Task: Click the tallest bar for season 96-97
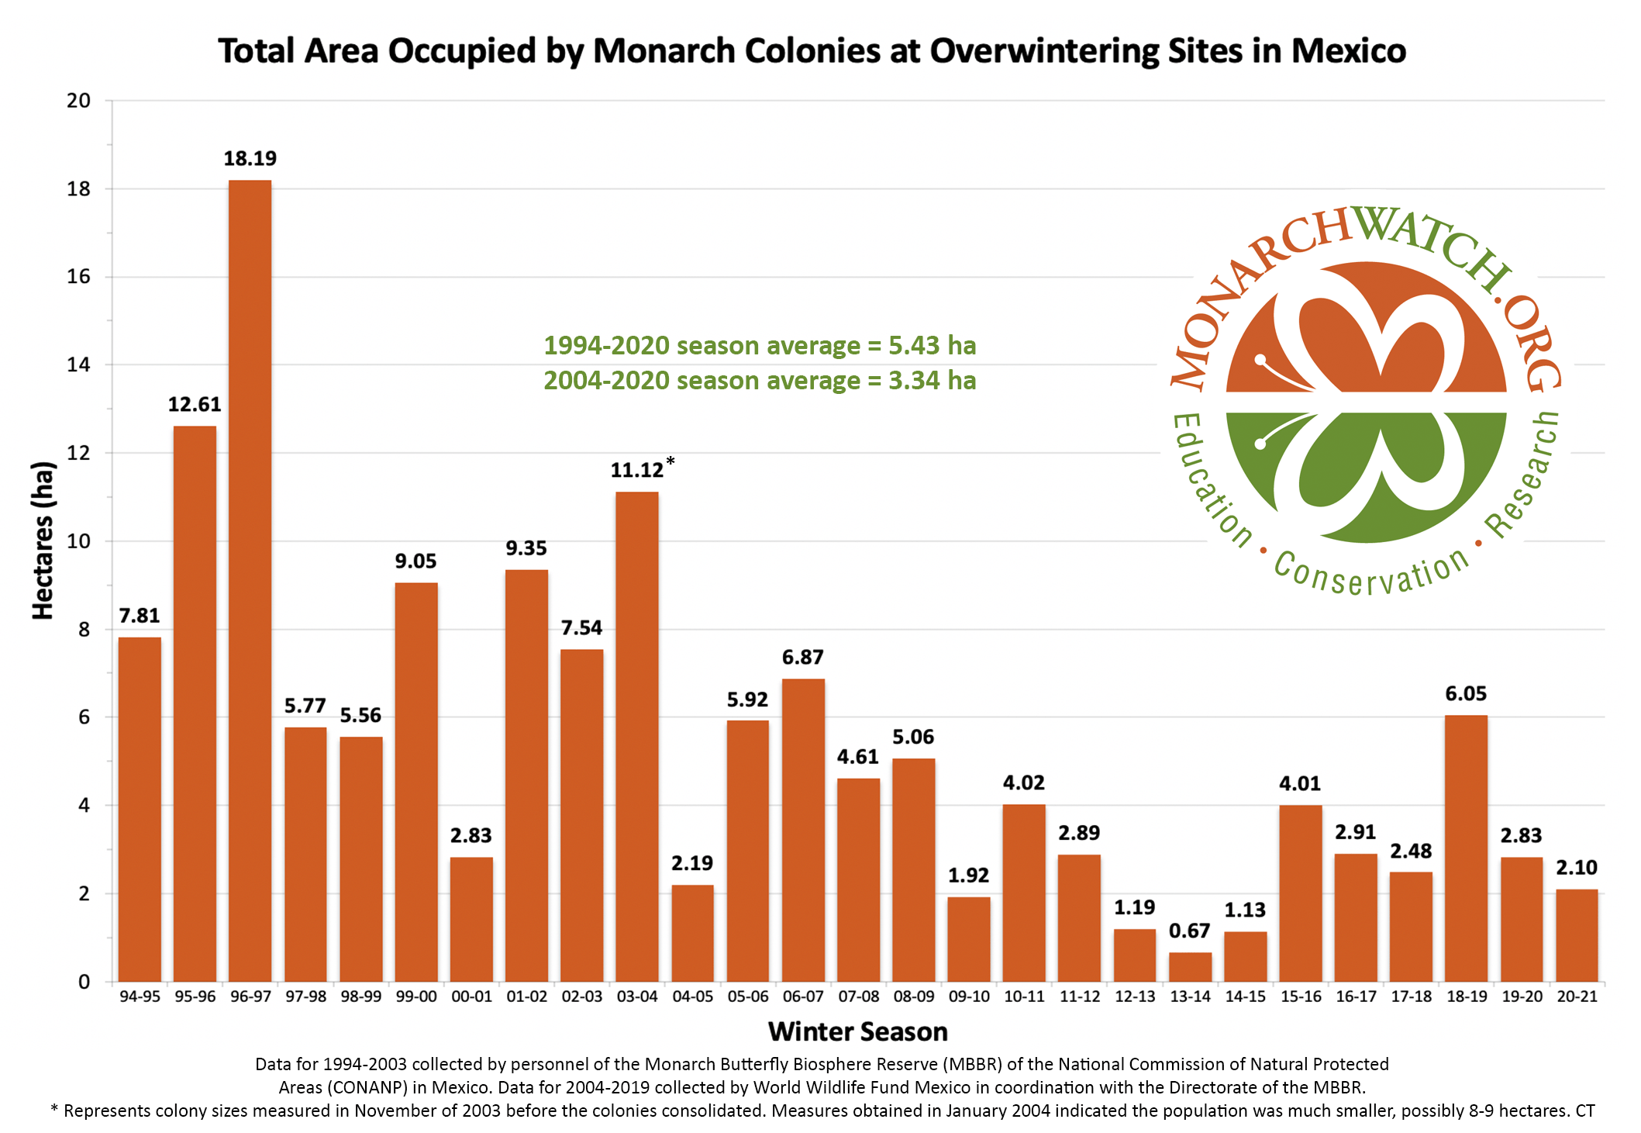coord(250,582)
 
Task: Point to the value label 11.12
coord(636,471)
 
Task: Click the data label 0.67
coord(1190,931)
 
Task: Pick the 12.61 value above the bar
coord(195,404)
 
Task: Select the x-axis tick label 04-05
coord(692,997)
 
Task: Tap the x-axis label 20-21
coord(1577,997)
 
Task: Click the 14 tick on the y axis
coord(79,364)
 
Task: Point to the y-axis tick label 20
coord(79,101)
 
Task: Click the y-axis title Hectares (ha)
coord(43,541)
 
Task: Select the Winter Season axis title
coord(857,1031)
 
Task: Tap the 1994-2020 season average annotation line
coord(760,345)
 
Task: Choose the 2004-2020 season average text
coord(760,381)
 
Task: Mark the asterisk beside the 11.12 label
coord(671,461)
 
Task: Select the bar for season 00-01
coord(471,919)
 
